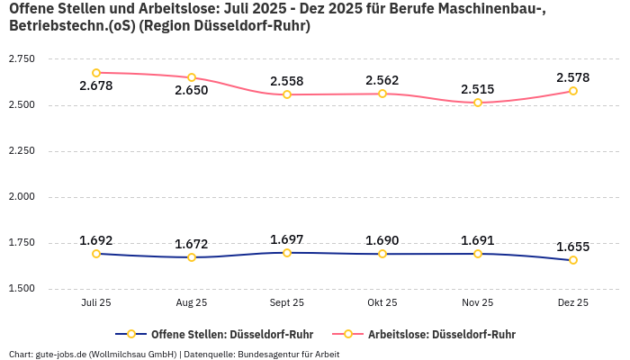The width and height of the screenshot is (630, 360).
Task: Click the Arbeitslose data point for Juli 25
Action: point(96,73)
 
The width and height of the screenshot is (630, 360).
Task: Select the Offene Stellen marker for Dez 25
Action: point(573,260)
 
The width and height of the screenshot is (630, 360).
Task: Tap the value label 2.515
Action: point(478,89)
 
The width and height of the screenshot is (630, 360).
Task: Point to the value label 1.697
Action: point(287,239)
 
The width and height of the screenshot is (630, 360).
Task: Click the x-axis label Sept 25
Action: point(287,303)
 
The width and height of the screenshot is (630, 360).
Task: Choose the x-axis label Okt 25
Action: point(382,303)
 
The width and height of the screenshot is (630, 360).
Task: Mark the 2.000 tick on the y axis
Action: point(22,197)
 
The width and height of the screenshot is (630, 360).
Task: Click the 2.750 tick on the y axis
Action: point(22,59)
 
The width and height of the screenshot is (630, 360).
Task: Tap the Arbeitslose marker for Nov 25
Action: point(478,103)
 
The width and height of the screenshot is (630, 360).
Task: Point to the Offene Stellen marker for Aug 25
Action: point(192,257)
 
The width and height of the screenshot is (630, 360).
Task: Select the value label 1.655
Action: point(573,247)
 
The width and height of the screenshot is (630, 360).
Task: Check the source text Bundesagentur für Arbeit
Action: point(288,354)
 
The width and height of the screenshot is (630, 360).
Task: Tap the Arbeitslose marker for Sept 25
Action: point(287,94)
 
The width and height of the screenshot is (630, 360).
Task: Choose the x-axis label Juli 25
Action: point(96,303)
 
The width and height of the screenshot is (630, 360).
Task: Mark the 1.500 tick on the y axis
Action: point(22,289)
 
